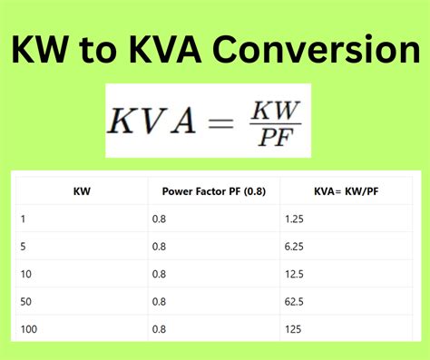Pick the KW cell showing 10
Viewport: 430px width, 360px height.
24,272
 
